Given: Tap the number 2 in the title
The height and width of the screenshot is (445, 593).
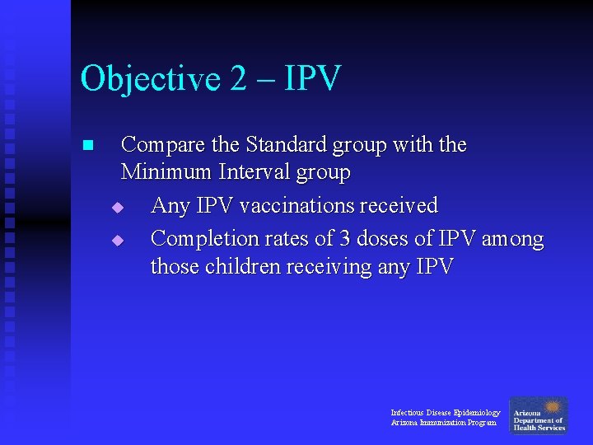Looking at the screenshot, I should (239, 79).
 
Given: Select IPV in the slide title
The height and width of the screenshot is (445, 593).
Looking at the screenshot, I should (312, 79).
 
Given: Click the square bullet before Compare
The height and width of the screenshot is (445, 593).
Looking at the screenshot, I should (88, 146).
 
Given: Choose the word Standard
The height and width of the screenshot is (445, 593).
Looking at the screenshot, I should (286, 146).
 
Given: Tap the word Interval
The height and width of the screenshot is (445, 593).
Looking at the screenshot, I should (249, 173).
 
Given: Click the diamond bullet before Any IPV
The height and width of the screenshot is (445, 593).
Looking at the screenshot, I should (117, 207).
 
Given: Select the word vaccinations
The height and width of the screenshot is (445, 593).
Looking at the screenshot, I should (280, 205).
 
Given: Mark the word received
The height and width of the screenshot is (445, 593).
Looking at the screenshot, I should (398, 205).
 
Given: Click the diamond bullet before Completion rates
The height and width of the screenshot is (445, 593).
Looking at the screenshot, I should (117, 241).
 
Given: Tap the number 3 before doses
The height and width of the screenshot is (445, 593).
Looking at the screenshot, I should (346, 239).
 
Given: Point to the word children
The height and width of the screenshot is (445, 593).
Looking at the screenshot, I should (242, 267).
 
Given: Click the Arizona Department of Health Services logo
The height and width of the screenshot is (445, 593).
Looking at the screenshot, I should (539, 415).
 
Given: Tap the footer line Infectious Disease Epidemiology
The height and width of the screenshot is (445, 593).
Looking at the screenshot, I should (445, 412).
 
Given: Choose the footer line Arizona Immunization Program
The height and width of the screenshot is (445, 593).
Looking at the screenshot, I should (443, 423).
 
